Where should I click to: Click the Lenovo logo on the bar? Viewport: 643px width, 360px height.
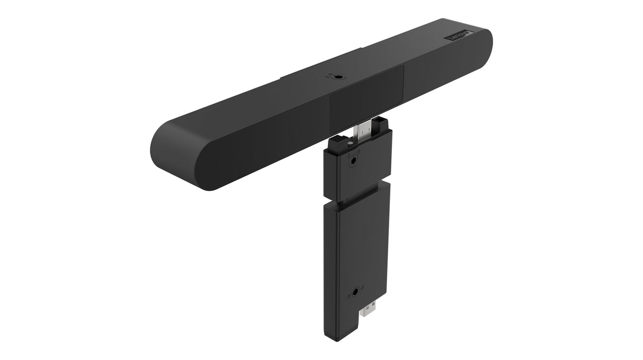459,37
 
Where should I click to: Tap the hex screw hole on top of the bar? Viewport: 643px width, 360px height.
337,77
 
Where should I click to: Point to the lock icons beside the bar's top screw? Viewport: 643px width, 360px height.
329,75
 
